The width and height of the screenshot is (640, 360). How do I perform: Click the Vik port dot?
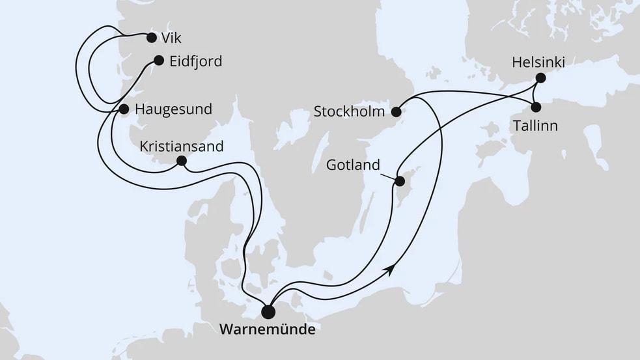152,37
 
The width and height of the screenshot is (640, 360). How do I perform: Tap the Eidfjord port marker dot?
158,61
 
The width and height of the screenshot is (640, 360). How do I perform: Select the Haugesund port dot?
122,109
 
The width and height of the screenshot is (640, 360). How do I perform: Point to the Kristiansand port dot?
182,161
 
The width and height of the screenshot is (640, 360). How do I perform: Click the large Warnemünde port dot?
268,312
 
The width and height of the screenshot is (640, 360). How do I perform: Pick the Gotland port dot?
401,181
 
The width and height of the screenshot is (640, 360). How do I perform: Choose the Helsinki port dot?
540,78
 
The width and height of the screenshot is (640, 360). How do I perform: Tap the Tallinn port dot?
536,107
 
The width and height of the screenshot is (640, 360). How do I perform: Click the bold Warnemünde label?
268,330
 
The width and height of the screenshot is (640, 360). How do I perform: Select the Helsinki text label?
538,62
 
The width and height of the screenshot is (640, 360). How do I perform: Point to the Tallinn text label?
535,126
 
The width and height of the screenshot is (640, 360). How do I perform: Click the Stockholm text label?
350,111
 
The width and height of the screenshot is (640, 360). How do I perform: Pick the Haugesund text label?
173,109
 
